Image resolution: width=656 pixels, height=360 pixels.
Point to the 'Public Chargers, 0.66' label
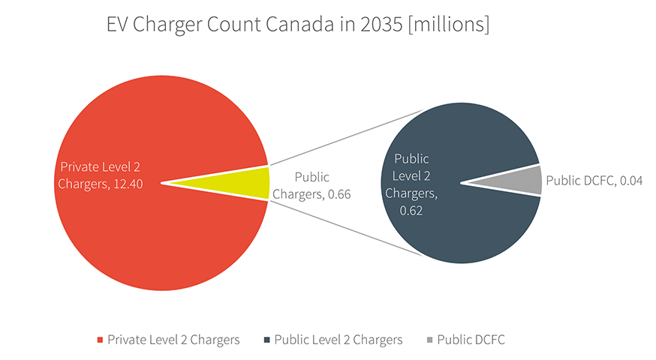click(x=311, y=185)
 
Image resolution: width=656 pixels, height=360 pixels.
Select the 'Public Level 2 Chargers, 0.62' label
click(x=411, y=184)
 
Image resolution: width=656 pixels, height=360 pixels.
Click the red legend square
click(x=100, y=340)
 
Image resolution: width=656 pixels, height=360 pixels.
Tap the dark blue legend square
click(x=266, y=340)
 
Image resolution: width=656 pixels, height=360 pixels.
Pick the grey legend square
click(x=429, y=340)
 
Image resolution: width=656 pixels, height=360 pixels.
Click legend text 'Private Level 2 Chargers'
click(x=173, y=340)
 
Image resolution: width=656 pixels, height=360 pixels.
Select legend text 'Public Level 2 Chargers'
click(x=339, y=340)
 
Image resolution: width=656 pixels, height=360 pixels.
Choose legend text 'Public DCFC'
click(x=471, y=340)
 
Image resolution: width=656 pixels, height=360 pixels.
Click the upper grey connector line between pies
click(x=345, y=136)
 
